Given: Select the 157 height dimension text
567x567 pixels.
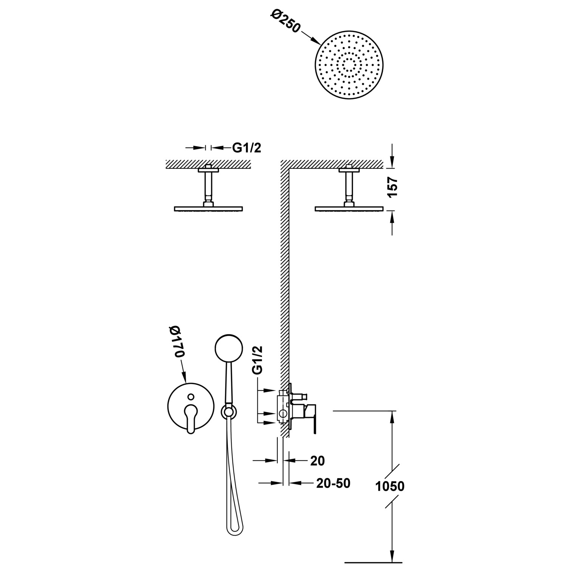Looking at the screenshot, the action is [x=393, y=187].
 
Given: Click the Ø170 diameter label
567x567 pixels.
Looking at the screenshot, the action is [x=178, y=341].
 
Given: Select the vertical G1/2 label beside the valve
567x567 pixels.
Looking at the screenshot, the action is [x=257, y=360].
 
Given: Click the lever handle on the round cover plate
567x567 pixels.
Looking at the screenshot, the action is [x=191, y=417].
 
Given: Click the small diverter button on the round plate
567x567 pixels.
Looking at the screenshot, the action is [x=191, y=397].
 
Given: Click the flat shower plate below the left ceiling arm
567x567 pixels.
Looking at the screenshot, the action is [x=208, y=209].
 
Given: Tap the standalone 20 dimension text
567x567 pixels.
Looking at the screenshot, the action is [x=318, y=460].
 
